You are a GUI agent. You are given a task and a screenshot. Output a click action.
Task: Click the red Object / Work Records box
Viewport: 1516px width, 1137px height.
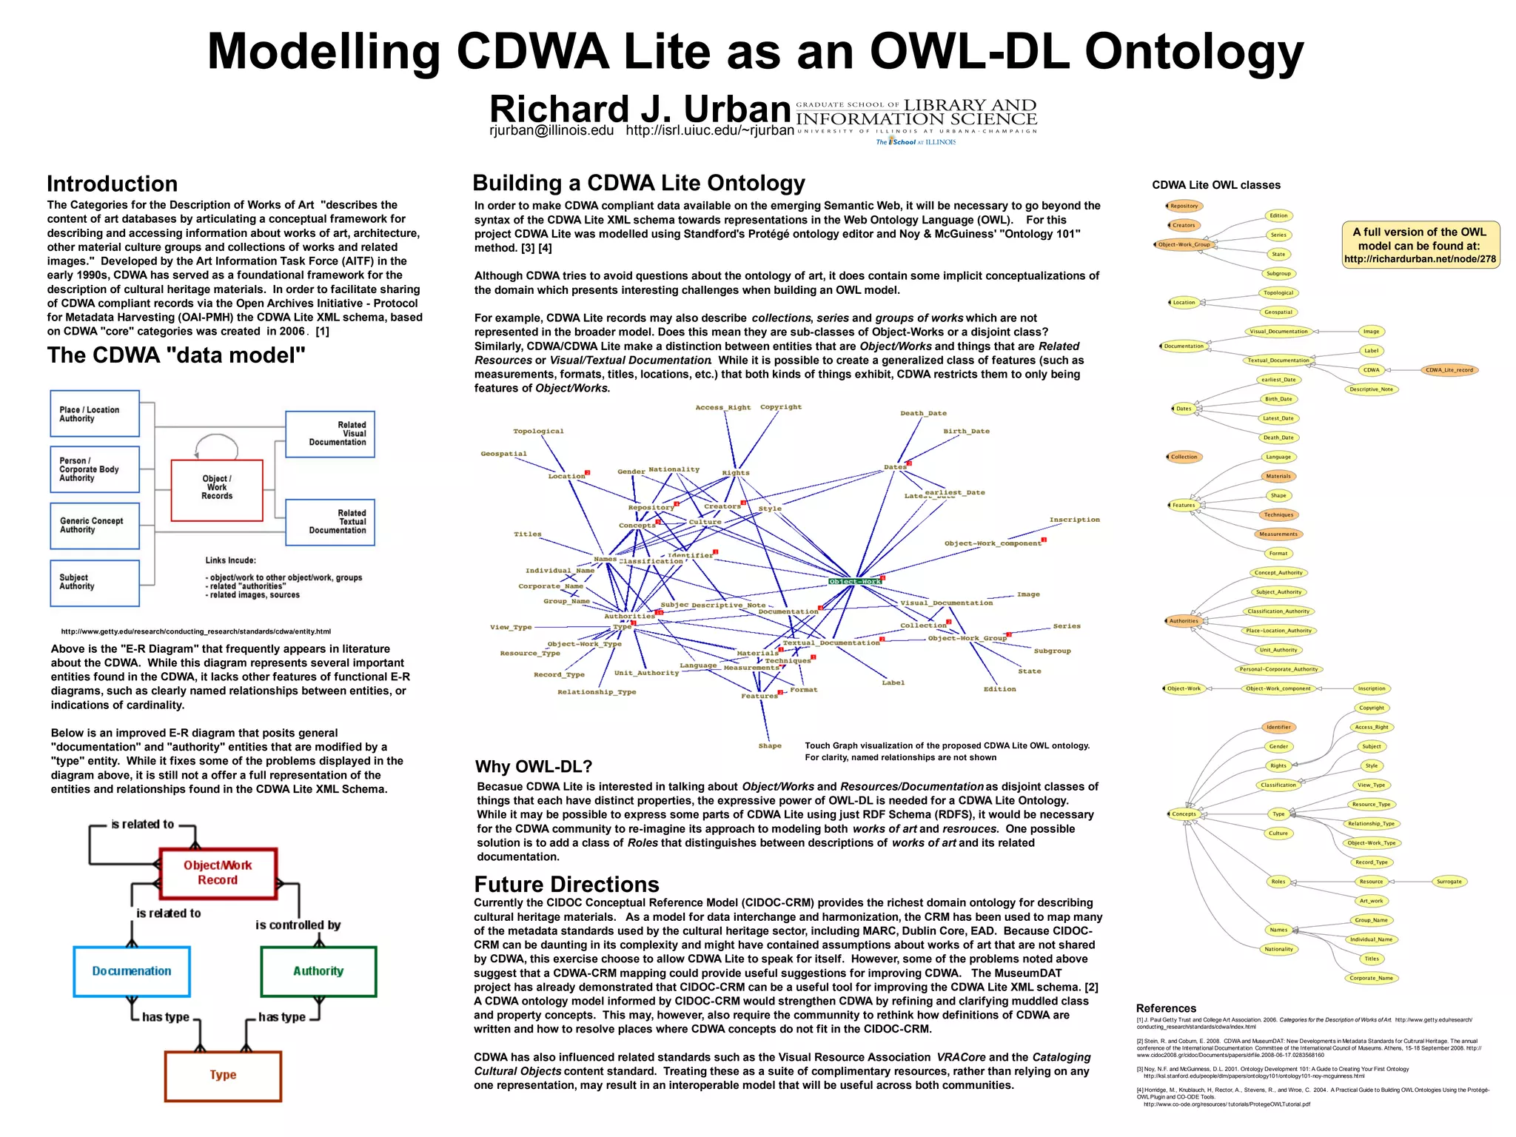click(x=217, y=489)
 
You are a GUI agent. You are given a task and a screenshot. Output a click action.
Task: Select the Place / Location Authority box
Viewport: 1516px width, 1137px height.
click(x=94, y=414)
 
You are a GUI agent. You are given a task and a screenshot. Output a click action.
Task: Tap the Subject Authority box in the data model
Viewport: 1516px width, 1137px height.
click(x=94, y=583)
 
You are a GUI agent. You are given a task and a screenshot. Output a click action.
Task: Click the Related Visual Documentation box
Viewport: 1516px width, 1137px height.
click(x=330, y=434)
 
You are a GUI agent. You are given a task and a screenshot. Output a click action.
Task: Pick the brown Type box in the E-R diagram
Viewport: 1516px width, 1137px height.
click(x=223, y=1076)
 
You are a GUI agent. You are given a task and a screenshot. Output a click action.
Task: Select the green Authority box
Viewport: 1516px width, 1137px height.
click(x=318, y=971)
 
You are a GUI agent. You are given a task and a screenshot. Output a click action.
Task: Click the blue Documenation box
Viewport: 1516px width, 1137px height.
click(x=132, y=971)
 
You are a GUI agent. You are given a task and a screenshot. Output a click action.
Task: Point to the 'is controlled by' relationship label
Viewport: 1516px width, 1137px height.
click(x=298, y=925)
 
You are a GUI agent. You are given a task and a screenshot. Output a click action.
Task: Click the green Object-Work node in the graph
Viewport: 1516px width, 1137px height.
click(x=855, y=582)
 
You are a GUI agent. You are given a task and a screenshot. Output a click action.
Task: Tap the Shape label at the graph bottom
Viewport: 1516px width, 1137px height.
click(x=770, y=746)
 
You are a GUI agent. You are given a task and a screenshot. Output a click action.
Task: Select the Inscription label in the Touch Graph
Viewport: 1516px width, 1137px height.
click(x=1074, y=520)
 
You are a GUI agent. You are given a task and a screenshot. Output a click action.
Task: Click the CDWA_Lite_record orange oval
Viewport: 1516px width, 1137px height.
click(x=1449, y=370)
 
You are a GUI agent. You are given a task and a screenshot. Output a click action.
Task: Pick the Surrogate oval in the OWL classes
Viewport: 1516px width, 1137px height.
click(x=1449, y=882)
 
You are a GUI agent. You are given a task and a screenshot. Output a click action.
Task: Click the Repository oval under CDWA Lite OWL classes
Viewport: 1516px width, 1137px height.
click(x=1184, y=207)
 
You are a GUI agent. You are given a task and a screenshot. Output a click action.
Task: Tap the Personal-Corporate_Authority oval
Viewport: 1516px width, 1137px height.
click(x=1278, y=669)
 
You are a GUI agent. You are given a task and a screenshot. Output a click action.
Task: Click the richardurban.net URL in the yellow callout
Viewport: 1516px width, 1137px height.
click(x=1420, y=260)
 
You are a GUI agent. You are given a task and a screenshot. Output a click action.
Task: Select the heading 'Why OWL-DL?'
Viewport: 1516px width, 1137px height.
click(x=534, y=767)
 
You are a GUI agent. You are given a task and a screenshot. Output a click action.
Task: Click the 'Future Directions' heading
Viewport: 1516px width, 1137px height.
click(x=566, y=885)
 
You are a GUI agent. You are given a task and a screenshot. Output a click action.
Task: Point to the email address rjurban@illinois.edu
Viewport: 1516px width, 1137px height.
click(x=551, y=131)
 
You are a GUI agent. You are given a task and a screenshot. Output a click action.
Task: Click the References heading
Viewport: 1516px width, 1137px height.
click(x=1166, y=1008)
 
